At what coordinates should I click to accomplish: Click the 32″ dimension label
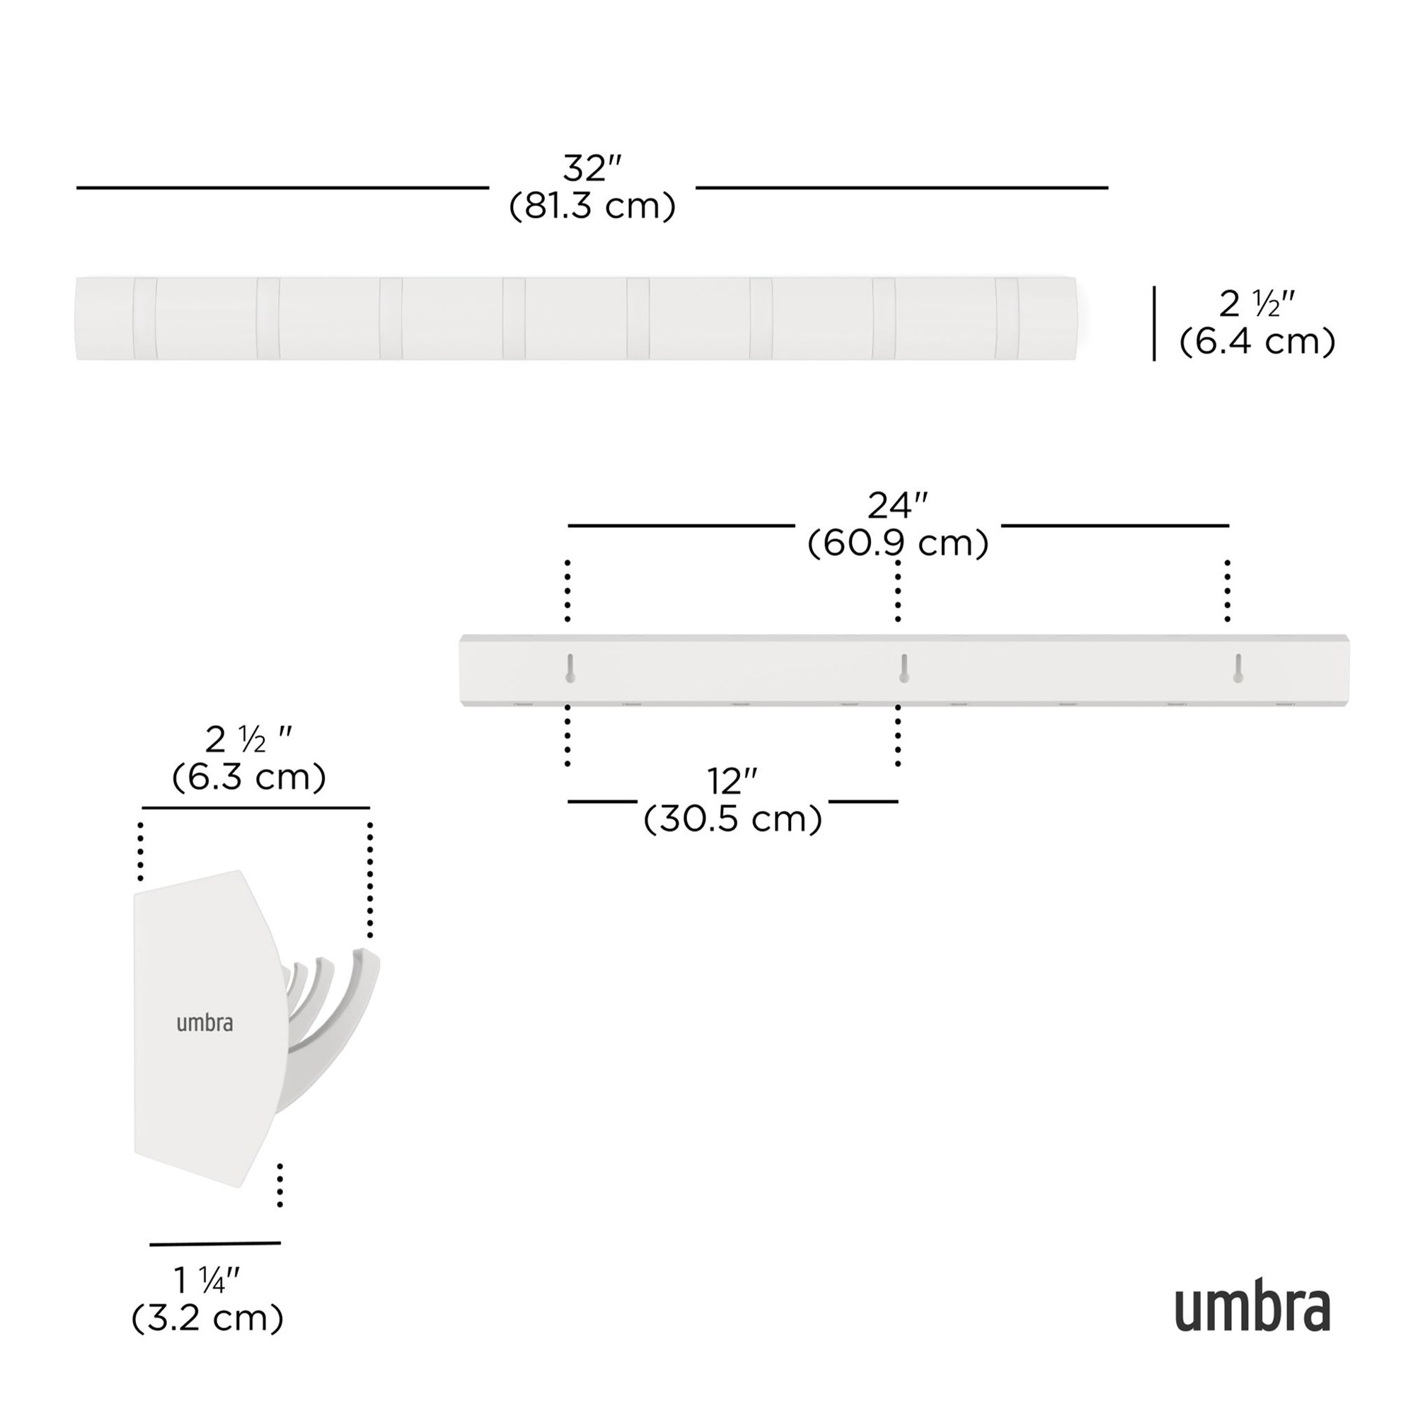pyautogui.click(x=592, y=169)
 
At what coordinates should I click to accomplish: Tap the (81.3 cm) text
pyautogui.click(x=592, y=207)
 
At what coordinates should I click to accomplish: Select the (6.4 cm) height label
pyautogui.click(x=1257, y=342)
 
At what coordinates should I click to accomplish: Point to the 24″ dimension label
pyautogui.click(x=898, y=506)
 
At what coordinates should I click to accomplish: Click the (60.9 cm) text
pyautogui.click(x=898, y=543)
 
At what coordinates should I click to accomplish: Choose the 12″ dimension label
pyautogui.click(x=732, y=782)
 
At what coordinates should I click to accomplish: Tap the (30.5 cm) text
pyautogui.click(x=732, y=819)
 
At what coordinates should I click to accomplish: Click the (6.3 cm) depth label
pyautogui.click(x=249, y=778)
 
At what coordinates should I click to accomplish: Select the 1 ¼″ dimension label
pyautogui.click(x=207, y=1281)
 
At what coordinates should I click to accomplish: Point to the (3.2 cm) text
pyautogui.click(x=207, y=1318)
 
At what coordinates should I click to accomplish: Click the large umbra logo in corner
pyautogui.click(x=1252, y=1309)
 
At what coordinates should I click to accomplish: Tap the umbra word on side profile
pyautogui.click(x=204, y=1023)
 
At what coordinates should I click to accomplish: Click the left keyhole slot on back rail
pyautogui.click(x=570, y=668)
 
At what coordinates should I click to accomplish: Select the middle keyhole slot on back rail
pyautogui.click(x=904, y=668)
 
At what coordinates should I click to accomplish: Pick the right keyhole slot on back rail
pyautogui.click(x=1238, y=668)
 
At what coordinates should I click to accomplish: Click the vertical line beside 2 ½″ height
pyautogui.click(x=1155, y=323)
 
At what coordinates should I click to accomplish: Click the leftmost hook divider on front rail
pyautogui.click(x=144, y=318)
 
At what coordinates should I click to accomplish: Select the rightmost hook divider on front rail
pyautogui.click(x=1006, y=318)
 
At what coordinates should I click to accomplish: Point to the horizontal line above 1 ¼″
pyautogui.click(x=214, y=1244)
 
